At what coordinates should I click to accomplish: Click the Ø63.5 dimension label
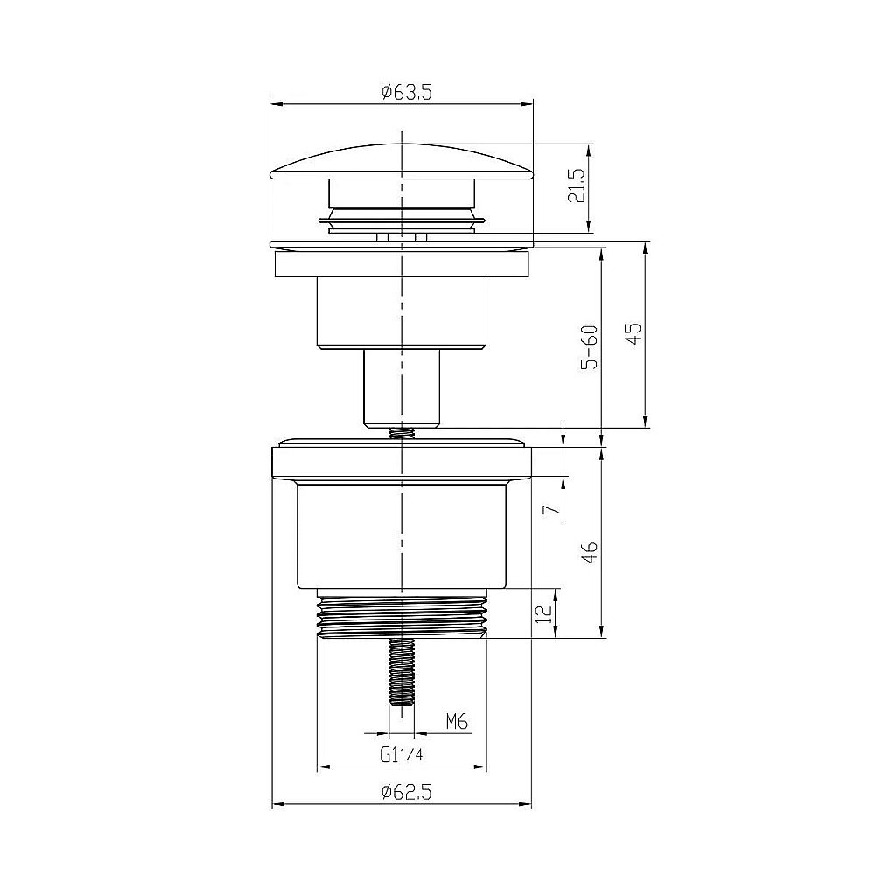click(x=402, y=92)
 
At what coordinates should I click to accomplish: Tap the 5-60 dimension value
click(x=591, y=347)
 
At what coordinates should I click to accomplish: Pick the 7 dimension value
click(x=549, y=510)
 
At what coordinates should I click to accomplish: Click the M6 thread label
click(x=458, y=722)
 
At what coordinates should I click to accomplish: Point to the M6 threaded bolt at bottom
click(x=402, y=672)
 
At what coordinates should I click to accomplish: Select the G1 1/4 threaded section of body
click(x=402, y=615)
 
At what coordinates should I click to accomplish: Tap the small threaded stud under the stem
click(x=402, y=432)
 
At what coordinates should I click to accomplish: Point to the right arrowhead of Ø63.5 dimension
click(x=528, y=103)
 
